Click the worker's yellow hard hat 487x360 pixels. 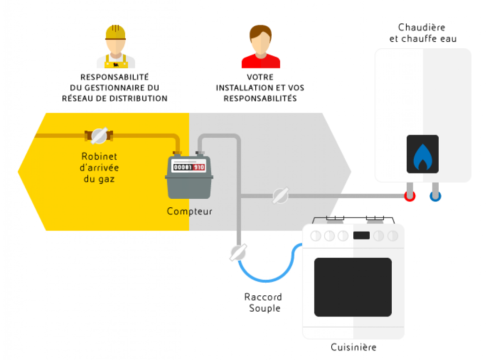pyautogui.click(x=115, y=31)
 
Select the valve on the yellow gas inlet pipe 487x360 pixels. pyautogui.click(x=99, y=135)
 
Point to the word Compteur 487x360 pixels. pyautogui.click(x=190, y=211)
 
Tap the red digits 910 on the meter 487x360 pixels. pyautogui.click(x=199, y=167)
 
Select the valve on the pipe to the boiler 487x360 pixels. pyautogui.click(x=280, y=195)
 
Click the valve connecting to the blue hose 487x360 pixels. pyautogui.click(x=238, y=252)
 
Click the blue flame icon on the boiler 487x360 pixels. pyautogui.click(x=422, y=157)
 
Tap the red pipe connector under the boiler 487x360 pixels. pyautogui.click(x=410, y=196)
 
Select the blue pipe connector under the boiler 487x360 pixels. pyautogui.click(x=435, y=196)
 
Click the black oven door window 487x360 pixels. pyautogui.click(x=353, y=287)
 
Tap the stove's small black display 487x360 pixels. pyautogui.click(x=361, y=235)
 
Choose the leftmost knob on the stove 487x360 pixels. pyautogui.click(x=316, y=236)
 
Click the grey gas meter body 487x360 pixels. pyautogui.click(x=189, y=185)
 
